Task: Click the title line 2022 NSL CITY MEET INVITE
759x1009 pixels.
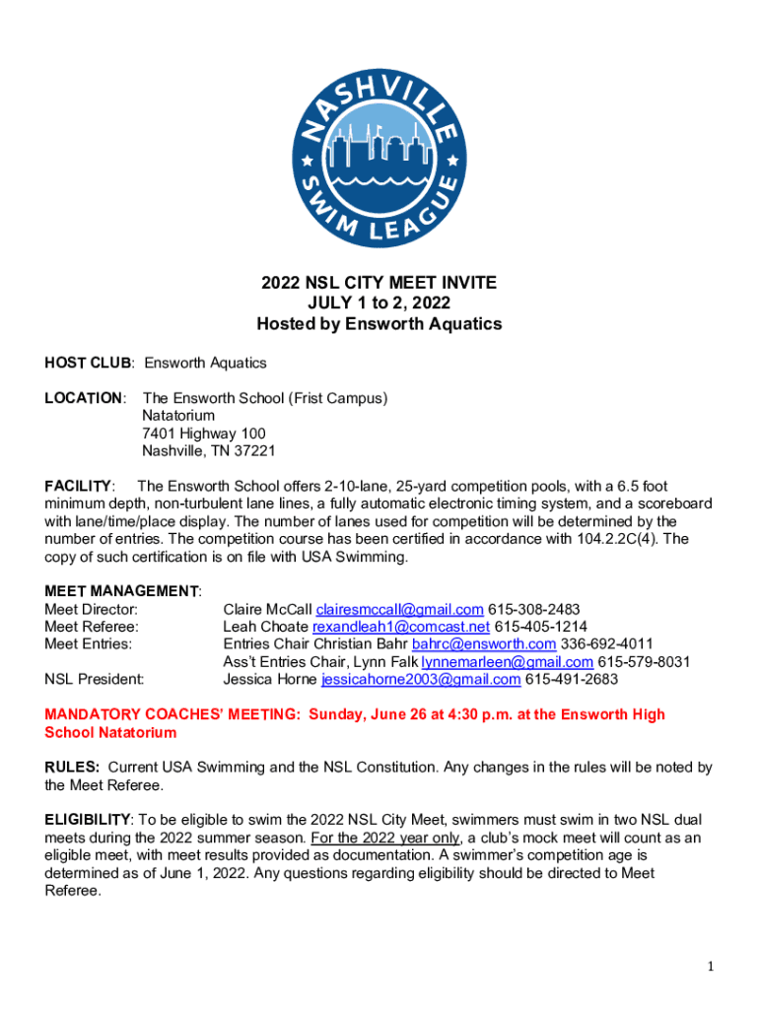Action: [x=379, y=284]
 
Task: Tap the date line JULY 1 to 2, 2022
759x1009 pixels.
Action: [x=379, y=303]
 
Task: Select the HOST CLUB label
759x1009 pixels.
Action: [x=88, y=363]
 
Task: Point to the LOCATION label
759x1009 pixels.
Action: [x=84, y=398]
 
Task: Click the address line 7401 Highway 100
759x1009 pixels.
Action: [x=203, y=434]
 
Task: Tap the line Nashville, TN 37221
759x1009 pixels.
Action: [x=208, y=451]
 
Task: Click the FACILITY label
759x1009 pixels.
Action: [x=78, y=486]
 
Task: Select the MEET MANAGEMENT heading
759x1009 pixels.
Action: [x=121, y=591]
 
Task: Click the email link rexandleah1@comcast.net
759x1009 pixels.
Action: [x=400, y=627]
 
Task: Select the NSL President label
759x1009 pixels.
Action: [x=95, y=680]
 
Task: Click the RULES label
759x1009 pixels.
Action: [x=71, y=767]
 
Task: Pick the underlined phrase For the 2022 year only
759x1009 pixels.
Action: [x=386, y=838]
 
